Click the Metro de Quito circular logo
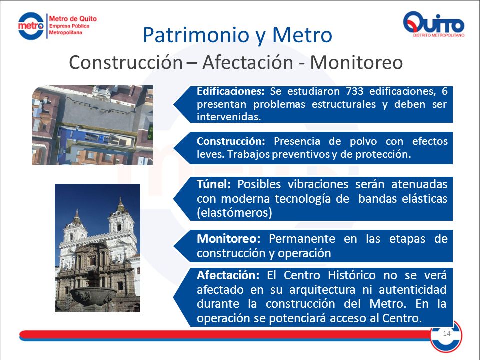pyautogui.click(x=31, y=26)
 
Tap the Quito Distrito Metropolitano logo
pyautogui.click(x=434, y=24)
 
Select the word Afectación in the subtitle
pyautogui.click(x=248, y=63)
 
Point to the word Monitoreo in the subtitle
pyautogui.click(x=356, y=63)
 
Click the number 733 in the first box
pyautogui.click(x=355, y=91)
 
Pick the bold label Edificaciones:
pyautogui.click(x=231, y=91)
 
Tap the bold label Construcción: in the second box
pyautogui.click(x=231, y=141)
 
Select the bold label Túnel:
pyautogui.click(x=214, y=184)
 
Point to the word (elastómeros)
pyautogui.click(x=234, y=213)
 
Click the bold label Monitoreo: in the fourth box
pyautogui.click(x=228, y=239)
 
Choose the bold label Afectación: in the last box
pyautogui.click(x=228, y=275)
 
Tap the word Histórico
pyautogui.click(x=351, y=275)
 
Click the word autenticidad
pyautogui.click(x=412, y=289)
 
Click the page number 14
pyautogui.click(x=447, y=333)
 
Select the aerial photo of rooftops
pyautogui.click(x=92, y=125)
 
